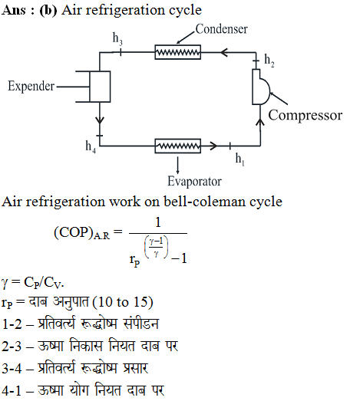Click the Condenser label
[222, 29]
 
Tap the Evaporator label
[194, 182]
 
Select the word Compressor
[306, 115]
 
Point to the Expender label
[31, 87]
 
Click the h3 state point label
[117, 38]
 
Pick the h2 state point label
[269, 61]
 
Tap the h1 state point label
[240, 159]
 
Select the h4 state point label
[91, 146]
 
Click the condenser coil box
[177, 52]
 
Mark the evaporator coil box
[177, 146]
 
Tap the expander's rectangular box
[100, 87]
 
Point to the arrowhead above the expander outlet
[100, 120]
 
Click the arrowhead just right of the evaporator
[213, 146]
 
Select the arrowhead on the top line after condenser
[224, 52]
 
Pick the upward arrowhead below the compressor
[260, 122]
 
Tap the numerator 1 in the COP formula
[158, 222]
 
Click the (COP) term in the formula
[74, 232]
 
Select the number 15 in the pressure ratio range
[140, 301]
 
